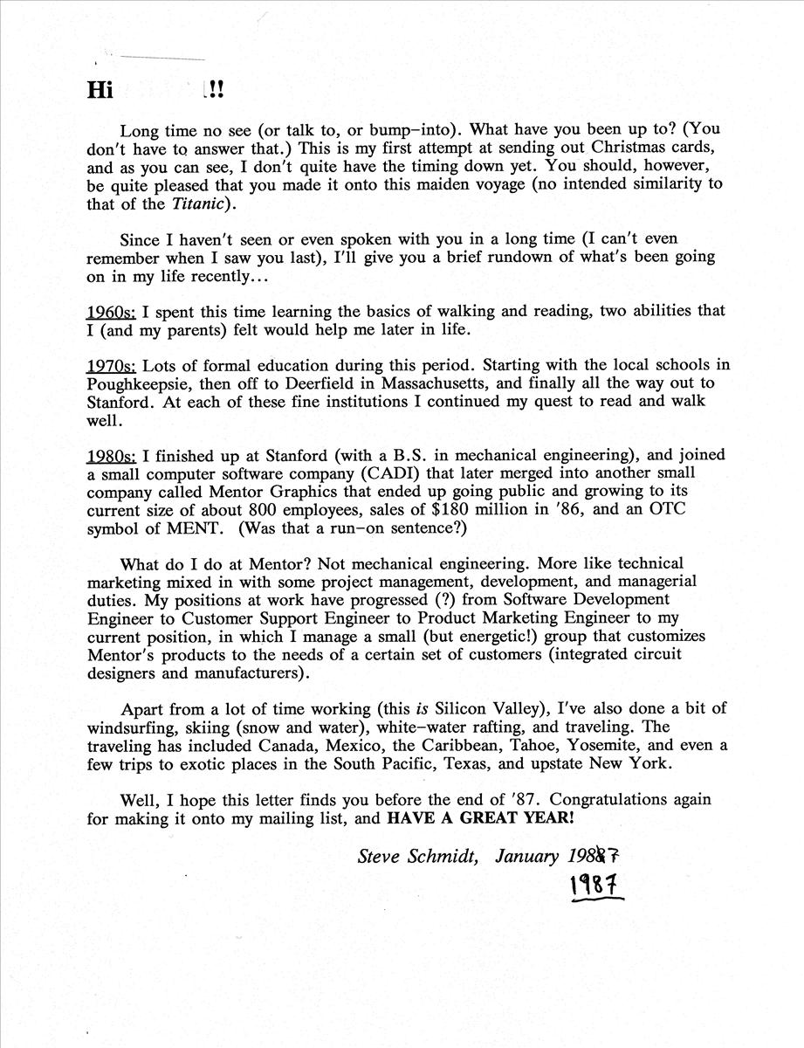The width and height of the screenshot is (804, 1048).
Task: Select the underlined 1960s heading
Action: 111,312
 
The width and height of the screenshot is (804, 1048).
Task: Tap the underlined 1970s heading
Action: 111,366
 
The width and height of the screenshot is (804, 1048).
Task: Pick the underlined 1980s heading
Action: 111,456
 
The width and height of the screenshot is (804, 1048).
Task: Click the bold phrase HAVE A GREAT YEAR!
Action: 481,819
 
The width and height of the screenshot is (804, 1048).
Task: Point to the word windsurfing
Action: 131,727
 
